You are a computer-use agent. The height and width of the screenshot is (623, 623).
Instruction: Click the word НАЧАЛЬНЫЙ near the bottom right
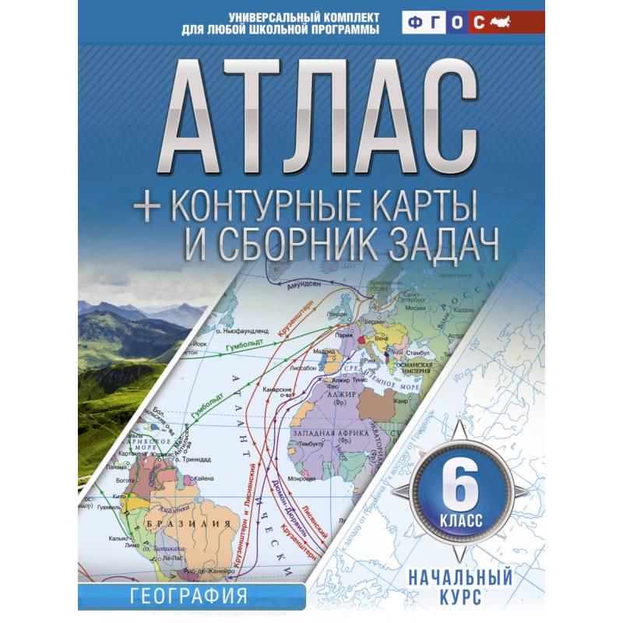click(463, 579)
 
